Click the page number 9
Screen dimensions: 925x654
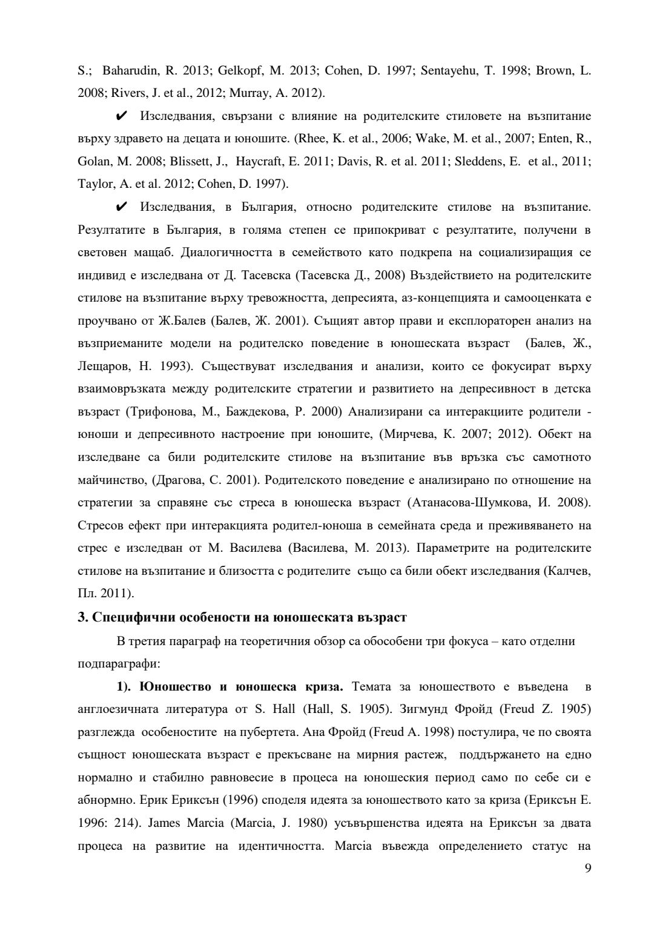587,867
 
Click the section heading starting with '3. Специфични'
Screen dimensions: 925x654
242,617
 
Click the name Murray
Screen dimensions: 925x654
248,93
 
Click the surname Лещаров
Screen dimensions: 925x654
104,366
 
